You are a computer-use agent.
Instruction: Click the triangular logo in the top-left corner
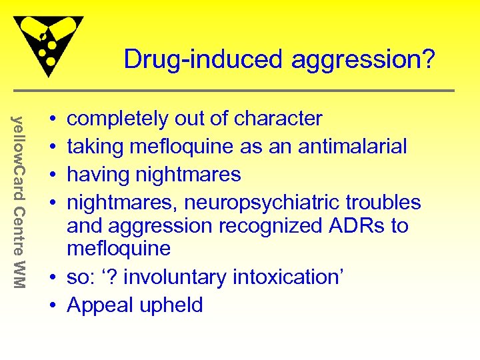click(x=49, y=44)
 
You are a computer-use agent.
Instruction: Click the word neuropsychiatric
click(x=266, y=203)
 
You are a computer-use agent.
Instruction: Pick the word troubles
click(x=387, y=203)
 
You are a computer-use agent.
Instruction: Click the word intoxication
click(x=292, y=278)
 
